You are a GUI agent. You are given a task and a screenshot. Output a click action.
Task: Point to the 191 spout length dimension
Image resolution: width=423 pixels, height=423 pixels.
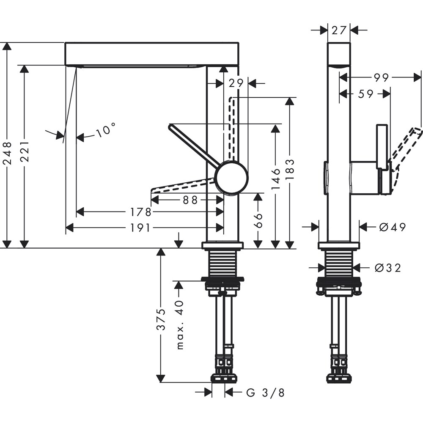tap(140, 228)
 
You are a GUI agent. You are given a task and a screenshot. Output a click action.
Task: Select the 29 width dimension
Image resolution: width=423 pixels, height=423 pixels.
tap(236, 83)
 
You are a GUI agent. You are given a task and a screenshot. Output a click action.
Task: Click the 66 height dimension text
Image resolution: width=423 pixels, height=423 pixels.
tap(258, 220)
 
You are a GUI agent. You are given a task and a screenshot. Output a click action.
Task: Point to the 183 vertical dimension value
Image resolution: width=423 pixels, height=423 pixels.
tap(290, 169)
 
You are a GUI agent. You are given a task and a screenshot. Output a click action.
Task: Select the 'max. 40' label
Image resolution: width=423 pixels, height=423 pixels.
tap(180, 324)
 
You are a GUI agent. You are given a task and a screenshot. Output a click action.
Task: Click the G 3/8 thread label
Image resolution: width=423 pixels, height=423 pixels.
tap(265, 393)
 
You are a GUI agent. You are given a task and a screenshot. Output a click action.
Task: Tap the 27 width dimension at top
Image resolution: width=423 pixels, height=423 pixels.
tap(339, 30)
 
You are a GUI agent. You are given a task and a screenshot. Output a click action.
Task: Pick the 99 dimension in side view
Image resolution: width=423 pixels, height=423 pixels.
tap(381, 77)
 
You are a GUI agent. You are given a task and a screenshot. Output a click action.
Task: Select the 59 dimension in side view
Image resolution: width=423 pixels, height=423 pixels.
tap(366, 94)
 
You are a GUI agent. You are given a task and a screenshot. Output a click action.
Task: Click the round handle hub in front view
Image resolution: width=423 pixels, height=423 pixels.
tap(231, 178)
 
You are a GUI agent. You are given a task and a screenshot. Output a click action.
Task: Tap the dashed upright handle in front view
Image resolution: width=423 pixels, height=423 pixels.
tap(231, 127)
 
